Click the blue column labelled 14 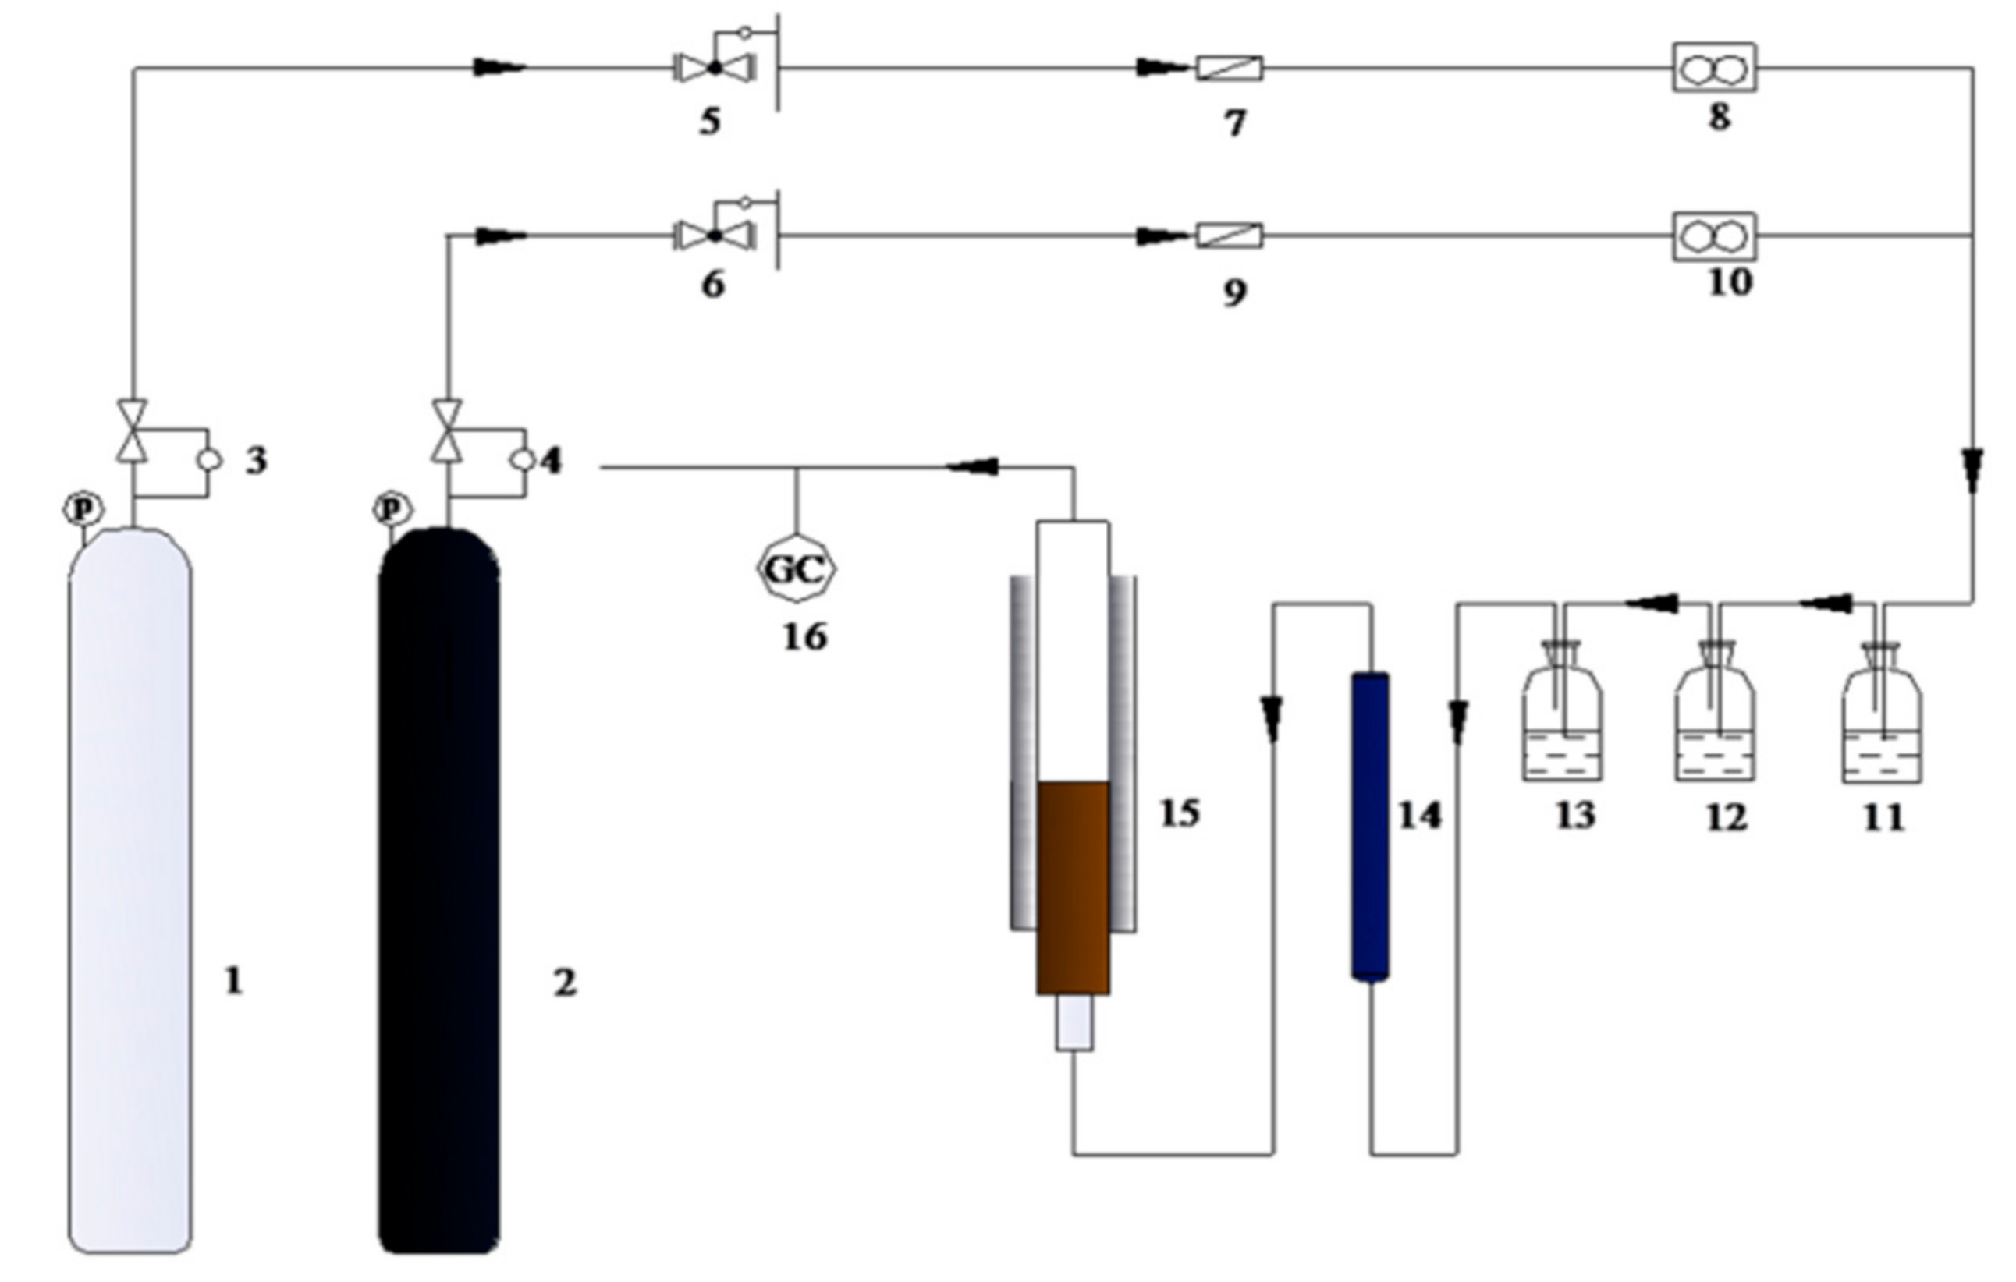click(x=1370, y=826)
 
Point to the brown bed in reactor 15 click(x=1073, y=887)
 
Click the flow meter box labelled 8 click(x=1714, y=68)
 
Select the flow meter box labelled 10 click(x=1714, y=237)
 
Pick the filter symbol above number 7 click(x=1229, y=68)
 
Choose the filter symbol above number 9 click(x=1229, y=236)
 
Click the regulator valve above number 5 click(x=715, y=67)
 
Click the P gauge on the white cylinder click(x=83, y=508)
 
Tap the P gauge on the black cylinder click(x=392, y=508)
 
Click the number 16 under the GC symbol click(x=804, y=638)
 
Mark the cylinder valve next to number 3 click(x=133, y=432)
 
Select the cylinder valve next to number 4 click(x=448, y=432)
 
